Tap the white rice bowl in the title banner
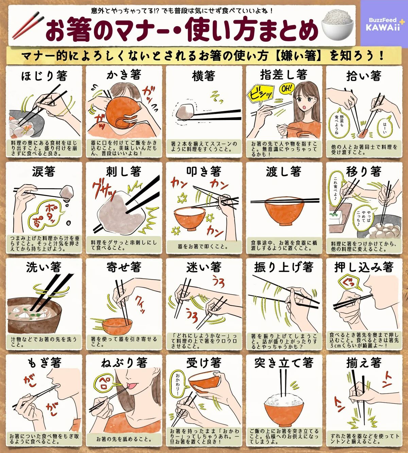[338, 25]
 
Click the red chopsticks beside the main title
[28, 25]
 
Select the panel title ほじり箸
[44, 76]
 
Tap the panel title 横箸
[203, 76]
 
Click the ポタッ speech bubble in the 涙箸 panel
[46, 214]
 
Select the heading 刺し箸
[124, 171]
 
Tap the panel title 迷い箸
[204, 267]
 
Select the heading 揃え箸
[364, 363]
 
